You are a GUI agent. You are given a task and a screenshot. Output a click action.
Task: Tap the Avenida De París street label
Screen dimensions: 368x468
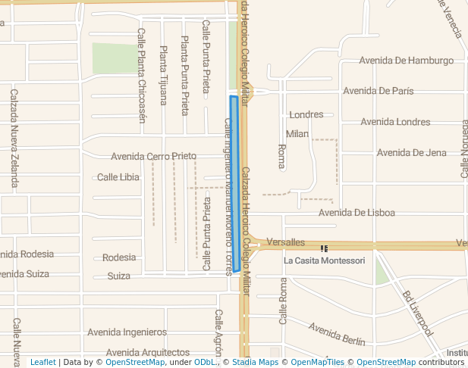pos(378,91)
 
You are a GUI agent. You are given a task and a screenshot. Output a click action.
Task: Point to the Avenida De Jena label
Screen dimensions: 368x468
pos(412,153)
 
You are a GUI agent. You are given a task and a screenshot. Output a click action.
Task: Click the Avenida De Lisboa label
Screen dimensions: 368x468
pos(356,213)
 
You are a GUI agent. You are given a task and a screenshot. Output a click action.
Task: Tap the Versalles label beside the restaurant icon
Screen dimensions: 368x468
pos(286,242)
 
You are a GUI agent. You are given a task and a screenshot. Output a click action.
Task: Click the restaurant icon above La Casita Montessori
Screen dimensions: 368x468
pos(325,248)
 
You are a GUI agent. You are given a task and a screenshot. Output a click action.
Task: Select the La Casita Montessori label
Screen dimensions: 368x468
pos(324,260)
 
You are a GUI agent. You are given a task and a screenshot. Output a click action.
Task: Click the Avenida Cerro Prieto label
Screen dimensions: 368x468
pos(153,157)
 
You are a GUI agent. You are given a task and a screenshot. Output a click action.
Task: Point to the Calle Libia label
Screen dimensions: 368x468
pos(118,177)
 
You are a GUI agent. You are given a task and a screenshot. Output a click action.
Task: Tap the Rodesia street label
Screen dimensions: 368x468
pos(119,257)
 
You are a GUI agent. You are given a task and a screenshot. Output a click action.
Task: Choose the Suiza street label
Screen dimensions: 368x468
pos(118,276)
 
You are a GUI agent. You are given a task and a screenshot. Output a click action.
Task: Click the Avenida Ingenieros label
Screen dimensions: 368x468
pos(127,332)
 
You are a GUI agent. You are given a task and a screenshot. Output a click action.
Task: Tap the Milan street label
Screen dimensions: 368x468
pos(297,134)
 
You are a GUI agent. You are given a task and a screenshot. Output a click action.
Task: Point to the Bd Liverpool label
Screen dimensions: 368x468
pos(418,313)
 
